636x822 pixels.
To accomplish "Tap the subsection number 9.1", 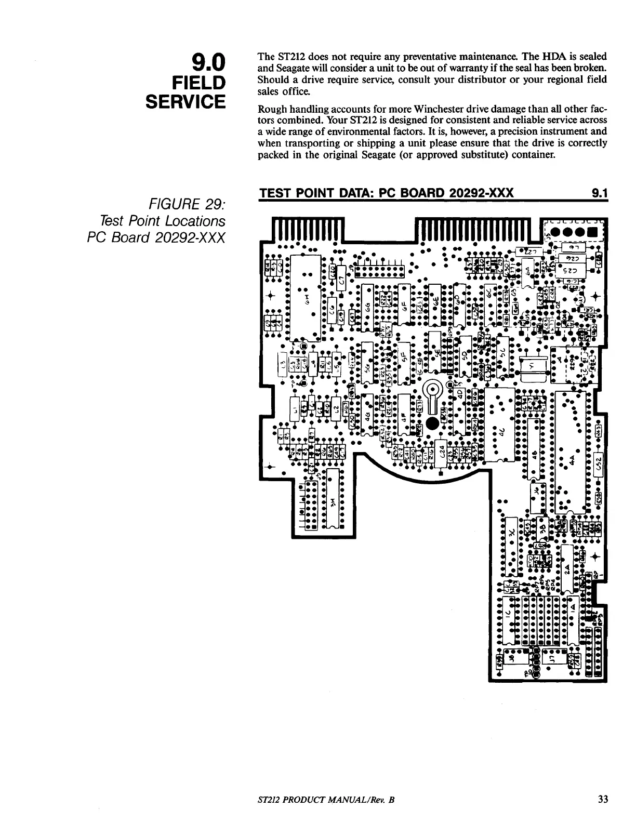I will click(x=600, y=194).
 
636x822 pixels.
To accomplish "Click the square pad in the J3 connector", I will click(x=591, y=232).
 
